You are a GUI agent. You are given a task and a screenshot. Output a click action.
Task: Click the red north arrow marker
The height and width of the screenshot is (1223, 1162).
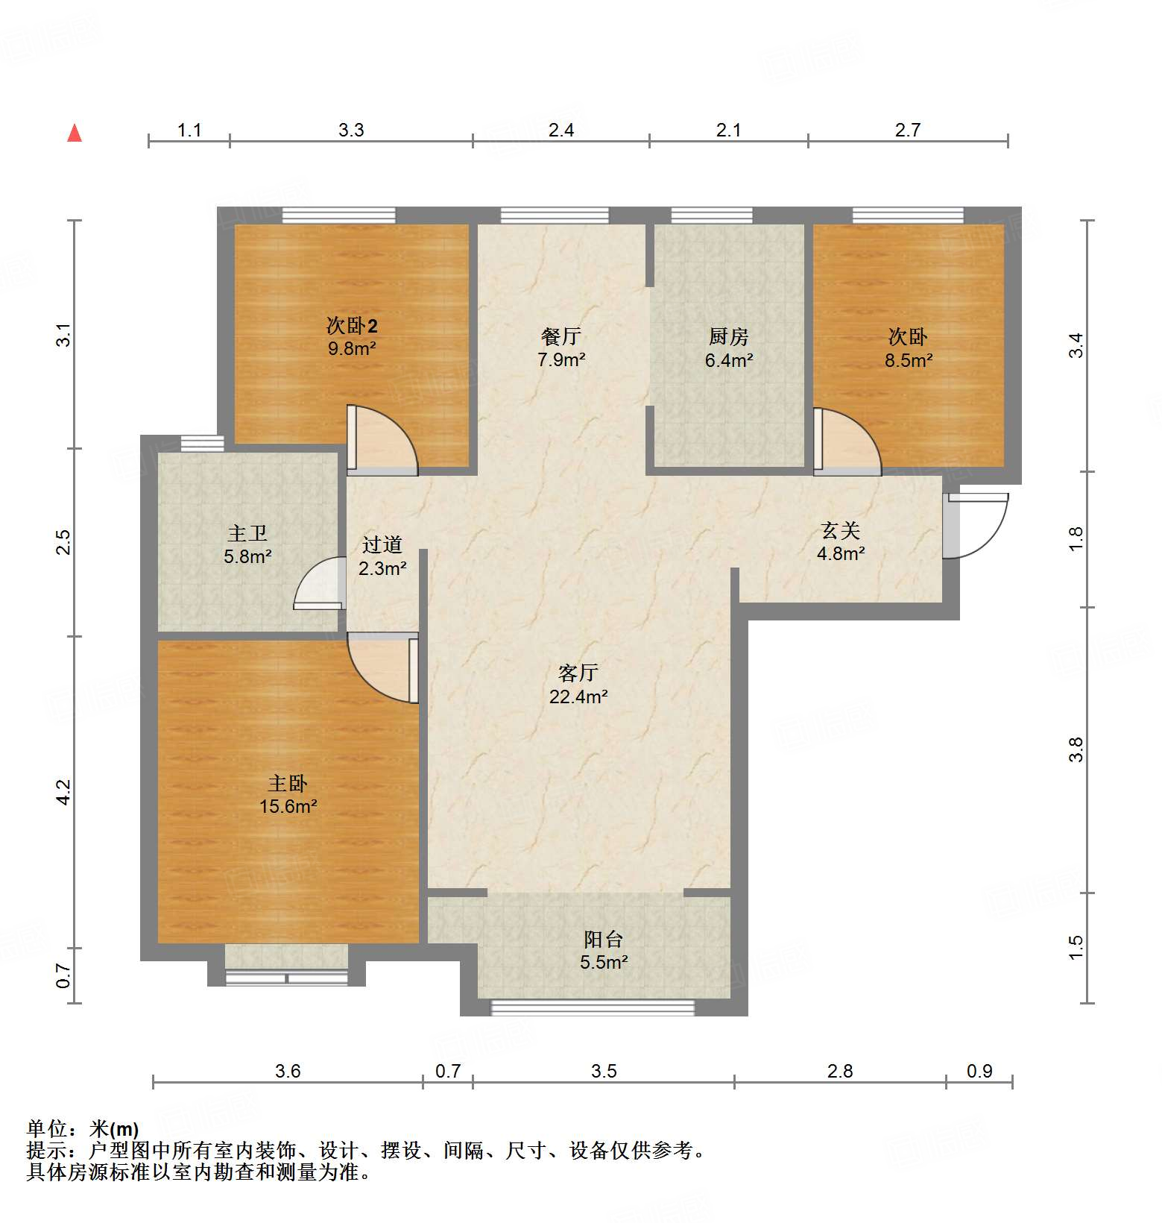point(75,133)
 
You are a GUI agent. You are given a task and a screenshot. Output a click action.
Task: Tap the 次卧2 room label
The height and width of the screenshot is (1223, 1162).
point(352,326)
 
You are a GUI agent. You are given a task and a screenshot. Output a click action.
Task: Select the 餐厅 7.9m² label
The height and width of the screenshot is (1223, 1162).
point(561,348)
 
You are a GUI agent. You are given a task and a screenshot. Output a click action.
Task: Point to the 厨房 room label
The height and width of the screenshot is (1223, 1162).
point(728,337)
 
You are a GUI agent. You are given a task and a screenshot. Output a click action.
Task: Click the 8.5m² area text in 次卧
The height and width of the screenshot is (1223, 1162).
point(909,360)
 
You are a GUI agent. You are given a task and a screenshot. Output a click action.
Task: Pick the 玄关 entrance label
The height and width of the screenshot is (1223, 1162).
point(840,531)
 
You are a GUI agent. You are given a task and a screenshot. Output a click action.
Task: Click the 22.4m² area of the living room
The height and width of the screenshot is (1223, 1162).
point(578,697)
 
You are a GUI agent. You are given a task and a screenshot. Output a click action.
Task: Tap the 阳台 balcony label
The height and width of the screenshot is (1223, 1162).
point(603,939)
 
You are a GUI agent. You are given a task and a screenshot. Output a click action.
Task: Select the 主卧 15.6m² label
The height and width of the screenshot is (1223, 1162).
point(288,795)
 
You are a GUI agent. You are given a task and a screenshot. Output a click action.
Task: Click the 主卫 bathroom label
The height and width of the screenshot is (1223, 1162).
point(247,533)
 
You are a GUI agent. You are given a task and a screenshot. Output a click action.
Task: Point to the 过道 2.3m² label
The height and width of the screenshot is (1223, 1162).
point(382,556)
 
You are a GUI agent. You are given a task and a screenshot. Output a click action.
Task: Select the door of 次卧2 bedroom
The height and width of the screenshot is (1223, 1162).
point(382,440)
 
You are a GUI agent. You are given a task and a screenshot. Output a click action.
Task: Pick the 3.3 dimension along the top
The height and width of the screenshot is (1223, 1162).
point(351,130)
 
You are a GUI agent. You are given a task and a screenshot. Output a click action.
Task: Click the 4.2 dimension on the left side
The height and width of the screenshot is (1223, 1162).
point(64,791)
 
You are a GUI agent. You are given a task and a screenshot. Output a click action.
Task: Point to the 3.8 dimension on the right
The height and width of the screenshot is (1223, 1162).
point(1075,749)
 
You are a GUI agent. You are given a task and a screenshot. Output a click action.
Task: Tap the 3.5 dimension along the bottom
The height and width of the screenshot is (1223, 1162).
point(604,1072)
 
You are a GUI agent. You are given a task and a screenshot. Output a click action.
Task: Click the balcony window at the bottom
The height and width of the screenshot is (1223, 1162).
point(593,1007)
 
